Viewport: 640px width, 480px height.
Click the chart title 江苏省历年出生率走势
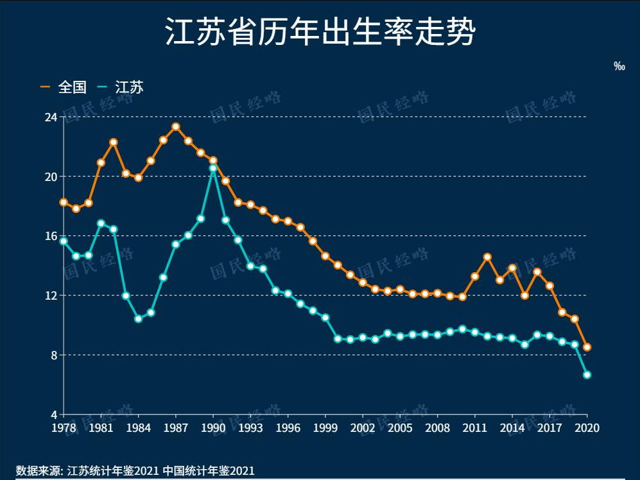(320, 33)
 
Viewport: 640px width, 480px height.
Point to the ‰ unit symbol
(619, 66)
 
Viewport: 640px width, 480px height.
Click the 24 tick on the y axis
(51, 117)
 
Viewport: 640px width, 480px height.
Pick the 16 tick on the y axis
(51, 236)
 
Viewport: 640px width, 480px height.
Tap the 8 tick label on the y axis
(54, 355)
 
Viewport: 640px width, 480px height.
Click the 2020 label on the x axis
(587, 428)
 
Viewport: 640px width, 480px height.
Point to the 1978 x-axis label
(64, 428)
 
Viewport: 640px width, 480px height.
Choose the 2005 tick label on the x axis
(400, 428)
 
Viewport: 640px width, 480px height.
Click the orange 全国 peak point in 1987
(176, 127)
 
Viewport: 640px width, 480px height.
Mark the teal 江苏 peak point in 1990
(213, 168)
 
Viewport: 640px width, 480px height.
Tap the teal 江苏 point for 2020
(587, 375)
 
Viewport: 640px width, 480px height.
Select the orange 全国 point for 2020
(587, 347)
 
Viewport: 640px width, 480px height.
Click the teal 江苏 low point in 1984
(138, 318)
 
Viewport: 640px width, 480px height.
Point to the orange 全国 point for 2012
(487, 257)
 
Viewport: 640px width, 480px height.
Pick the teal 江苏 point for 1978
(64, 241)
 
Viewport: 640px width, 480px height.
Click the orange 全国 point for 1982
(113, 142)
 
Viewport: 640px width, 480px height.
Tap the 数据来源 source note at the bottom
(135, 470)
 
